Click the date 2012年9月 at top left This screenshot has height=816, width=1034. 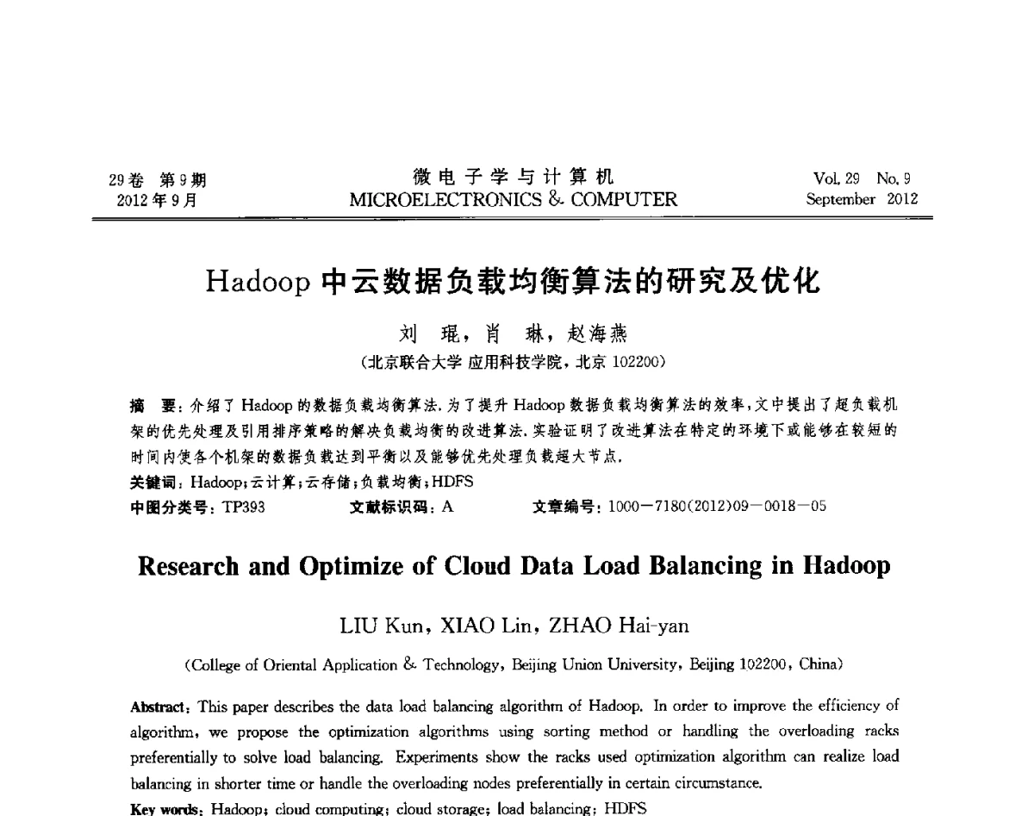click(x=157, y=200)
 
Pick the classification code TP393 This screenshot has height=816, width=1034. click(x=243, y=506)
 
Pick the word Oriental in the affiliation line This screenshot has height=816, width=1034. click(x=289, y=665)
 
